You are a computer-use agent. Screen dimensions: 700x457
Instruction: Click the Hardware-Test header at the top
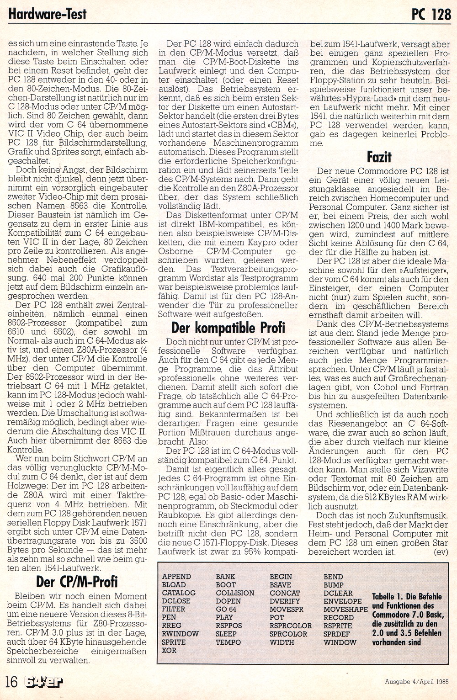(x=48, y=14)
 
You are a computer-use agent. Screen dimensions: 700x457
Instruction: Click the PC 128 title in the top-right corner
(x=431, y=15)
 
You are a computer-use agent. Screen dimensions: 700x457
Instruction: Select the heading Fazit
(x=379, y=157)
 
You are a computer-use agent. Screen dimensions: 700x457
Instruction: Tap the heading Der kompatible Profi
(x=228, y=328)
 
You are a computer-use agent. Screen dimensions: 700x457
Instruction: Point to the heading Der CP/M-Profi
(x=77, y=582)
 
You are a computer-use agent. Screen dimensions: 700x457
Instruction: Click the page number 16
(x=11, y=682)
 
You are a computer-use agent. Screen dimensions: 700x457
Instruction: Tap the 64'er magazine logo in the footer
(x=44, y=682)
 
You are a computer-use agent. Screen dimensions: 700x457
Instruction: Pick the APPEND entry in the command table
(x=176, y=577)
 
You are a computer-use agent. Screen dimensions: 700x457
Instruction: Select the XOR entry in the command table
(x=169, y=650)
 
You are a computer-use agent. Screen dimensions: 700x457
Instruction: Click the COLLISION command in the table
(x=235, y=593)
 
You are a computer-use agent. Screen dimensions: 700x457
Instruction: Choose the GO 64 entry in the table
(x=226, y=610)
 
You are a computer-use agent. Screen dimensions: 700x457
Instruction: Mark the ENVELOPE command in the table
(x=342, y=601)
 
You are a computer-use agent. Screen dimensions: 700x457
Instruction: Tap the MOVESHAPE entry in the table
(x=345, y=610)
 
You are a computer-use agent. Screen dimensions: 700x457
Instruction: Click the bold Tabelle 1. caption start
(x=388, y=597)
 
